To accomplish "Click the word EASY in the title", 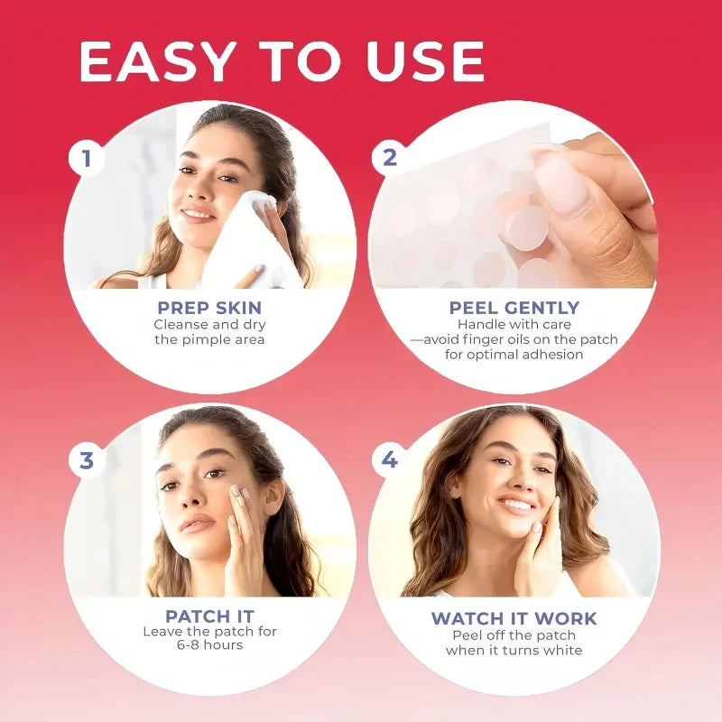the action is (x=155, y=61).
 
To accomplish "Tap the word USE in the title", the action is (x=425, y=61).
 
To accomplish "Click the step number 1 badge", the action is (x=87, y=158).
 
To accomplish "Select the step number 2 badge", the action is (x=390, y=157).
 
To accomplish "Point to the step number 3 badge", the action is (x=87, y=460).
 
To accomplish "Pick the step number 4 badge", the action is (x=390, y=459).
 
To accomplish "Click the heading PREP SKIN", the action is (x=209, y=307).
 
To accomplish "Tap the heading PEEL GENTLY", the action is (x=514, y=307).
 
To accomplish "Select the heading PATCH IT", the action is (x=209, y=616).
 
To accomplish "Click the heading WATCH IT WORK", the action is (x=514, y=618).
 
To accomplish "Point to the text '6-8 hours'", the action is (x=209, y=644).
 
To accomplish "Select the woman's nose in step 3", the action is (x=192, y=496).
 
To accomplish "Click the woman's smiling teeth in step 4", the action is (x=515, y=505).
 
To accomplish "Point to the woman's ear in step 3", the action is (x=274, y=498).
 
